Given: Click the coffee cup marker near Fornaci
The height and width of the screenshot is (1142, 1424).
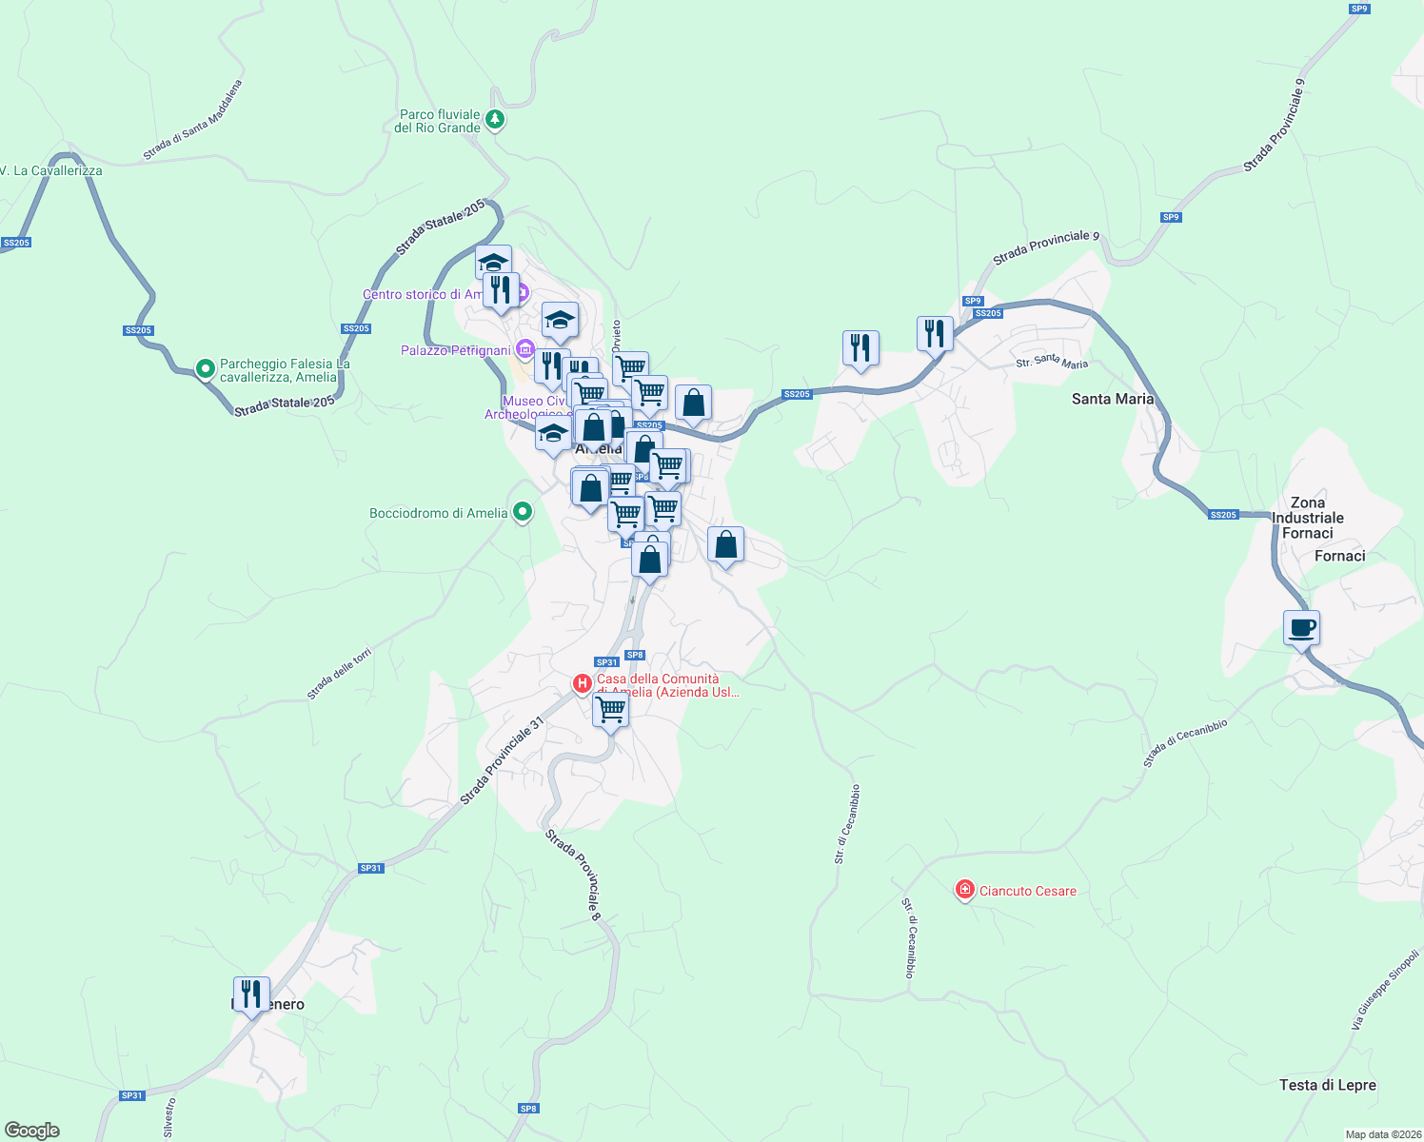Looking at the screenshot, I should [1301, 628].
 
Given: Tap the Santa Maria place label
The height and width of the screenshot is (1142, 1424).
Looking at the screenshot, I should [1113, 399].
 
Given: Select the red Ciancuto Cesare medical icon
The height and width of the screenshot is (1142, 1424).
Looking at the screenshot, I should [964, 890].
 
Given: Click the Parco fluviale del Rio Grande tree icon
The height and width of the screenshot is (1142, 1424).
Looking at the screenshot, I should [494, 120].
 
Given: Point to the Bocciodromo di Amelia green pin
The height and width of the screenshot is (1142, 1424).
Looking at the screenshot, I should [522, 513].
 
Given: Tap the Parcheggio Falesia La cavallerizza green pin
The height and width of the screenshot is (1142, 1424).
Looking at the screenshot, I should [205, 368].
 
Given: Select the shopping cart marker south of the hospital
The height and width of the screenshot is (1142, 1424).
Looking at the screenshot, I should [610, 709].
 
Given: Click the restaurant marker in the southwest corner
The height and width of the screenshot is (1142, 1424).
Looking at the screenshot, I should [250, 994].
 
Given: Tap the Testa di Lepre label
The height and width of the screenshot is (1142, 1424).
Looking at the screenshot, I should [1327, 1085].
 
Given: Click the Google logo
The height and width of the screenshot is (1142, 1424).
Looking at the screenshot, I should [32, 1131].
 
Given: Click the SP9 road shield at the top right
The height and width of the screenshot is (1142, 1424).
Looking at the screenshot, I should [1358, 9].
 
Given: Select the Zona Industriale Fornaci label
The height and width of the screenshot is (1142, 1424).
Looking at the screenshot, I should [1307, 518].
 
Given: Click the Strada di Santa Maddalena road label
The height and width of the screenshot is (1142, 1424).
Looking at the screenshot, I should [193, 120].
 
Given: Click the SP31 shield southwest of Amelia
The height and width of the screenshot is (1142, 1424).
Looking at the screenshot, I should [370, 868].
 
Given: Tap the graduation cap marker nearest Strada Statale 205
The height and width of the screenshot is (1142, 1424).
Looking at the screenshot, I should [493, 262].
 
